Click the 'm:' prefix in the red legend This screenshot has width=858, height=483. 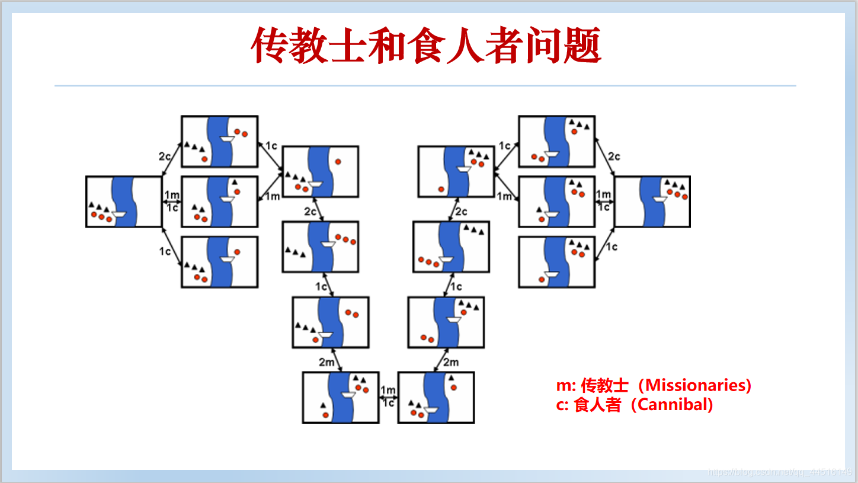point(566,385)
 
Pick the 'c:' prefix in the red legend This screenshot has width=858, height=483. point(564,405)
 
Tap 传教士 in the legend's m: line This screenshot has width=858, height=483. point(604,385)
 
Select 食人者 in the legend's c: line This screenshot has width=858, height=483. point(598,405)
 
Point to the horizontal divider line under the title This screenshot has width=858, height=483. point(425,86)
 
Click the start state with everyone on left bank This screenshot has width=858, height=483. point(124,201)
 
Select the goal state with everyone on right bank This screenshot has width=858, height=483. point(652,201)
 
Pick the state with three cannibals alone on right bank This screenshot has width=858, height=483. point(321,247)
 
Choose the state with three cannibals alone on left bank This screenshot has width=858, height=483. point(451,247)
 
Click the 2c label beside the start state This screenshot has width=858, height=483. point(165,156)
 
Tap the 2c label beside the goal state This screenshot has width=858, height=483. point(614,156)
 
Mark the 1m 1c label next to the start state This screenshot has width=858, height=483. point(172,201)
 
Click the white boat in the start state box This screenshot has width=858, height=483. point(119,214)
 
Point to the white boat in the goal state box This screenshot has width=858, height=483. point(661,199)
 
